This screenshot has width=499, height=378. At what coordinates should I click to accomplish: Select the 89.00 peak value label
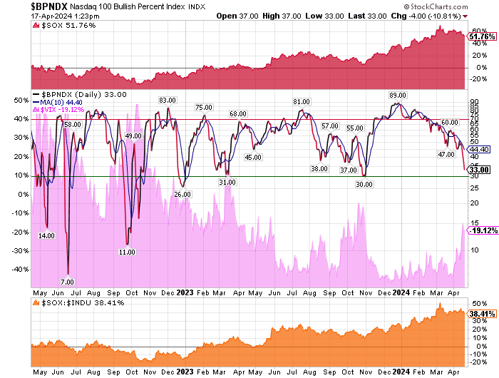pos(398,95)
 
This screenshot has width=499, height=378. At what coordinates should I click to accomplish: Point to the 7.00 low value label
pos(67,282)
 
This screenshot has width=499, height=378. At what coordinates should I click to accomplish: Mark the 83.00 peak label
pos(168,100)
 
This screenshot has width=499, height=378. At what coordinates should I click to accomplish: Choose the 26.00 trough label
pos(182,194)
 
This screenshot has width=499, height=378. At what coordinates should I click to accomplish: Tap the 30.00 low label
pos(364,184)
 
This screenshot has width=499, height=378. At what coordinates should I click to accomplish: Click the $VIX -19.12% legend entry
pos(65,110)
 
